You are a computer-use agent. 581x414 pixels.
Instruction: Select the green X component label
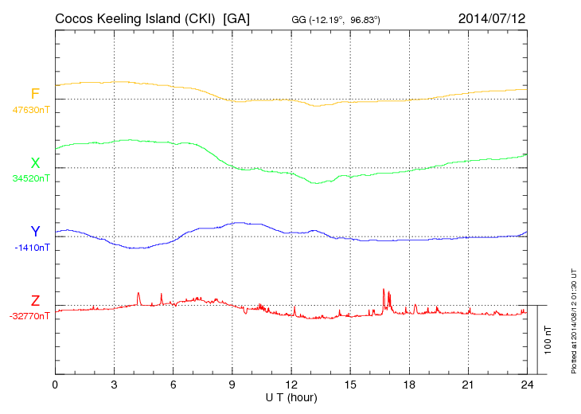(x=35, y=163)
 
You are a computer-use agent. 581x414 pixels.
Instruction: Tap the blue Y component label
(x=35, y=232)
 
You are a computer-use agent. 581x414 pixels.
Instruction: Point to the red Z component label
(x=35, y=300)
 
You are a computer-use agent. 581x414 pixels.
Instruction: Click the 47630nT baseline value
(x=31, y=109)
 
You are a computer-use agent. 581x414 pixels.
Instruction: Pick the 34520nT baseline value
(x=31, y=178)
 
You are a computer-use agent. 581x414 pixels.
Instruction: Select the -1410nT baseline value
(x=33, y=247)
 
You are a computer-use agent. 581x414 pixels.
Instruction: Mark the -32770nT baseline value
(x=30, y=315)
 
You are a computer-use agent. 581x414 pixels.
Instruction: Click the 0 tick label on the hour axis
(x=55, y=385)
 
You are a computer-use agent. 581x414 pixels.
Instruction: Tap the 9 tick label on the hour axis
(x=232, y=385)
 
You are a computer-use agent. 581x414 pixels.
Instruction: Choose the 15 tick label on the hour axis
(x=350, y=385)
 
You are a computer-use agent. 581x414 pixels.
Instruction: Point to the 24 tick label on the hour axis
(x=527, y=385)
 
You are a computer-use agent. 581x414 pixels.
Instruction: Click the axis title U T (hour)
(x=291, y=396)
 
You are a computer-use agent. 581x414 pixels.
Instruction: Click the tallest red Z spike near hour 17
(x=384, y=291)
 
